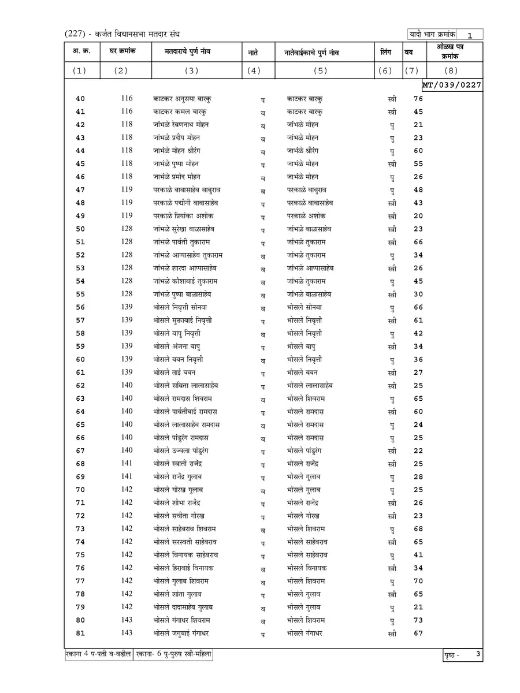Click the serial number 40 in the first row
click(80, 98)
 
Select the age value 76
click(418, 98)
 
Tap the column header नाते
click(253, 53)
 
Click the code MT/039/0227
click(452, 84)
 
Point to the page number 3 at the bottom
click(478, 654)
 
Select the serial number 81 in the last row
click(80, 634)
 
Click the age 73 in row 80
click(418, 620)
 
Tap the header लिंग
click(386, 53)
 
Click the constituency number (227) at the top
click(75, 35)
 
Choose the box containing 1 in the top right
click(470, 35)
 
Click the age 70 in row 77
click(418, 581)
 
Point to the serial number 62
click(80, 385)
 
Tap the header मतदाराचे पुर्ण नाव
click(191, 53)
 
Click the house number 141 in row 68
click(127, 463)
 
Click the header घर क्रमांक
click(122, 52)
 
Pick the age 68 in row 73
click(418, 529)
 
